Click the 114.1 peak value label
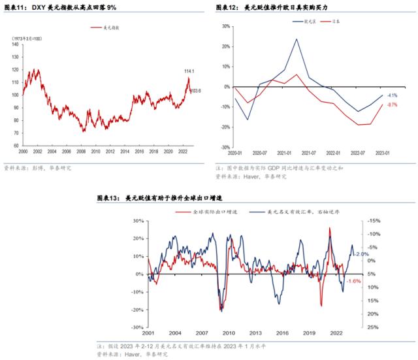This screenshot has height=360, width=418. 190,71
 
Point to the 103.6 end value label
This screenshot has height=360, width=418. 195,91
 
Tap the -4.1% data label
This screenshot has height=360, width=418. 392,95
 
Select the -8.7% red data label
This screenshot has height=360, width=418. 392,105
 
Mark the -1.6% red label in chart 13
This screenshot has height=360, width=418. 353,281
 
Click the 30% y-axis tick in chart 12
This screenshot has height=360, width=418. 225,27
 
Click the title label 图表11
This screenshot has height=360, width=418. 14,7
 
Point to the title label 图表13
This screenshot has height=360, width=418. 106,197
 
